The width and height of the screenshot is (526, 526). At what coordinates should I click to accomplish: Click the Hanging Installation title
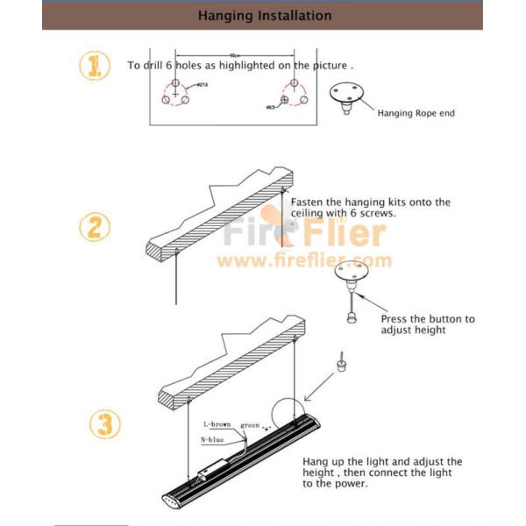[x=264, y=15]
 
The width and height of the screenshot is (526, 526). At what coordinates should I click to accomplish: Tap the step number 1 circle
[x=95, y=66]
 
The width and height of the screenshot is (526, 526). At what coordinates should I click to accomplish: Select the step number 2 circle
[x=95, y=228]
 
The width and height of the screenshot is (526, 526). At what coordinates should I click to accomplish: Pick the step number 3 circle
[x=105, y=426]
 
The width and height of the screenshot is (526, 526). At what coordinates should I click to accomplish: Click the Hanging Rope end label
[x=416, y=113]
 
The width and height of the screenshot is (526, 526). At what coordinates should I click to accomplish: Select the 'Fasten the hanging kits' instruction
[x=369, y=208]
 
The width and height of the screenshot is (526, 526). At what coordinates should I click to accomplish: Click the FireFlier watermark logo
[x=304, y=233]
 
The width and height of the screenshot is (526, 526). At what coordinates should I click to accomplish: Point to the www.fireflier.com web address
[x=304, y=260]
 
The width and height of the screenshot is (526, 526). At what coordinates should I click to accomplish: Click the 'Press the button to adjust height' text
[x=427, y=324]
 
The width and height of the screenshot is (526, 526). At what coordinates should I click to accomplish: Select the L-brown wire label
[x=217, y=424]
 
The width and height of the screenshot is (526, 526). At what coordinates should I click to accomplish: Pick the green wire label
[x=251, y=425]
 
